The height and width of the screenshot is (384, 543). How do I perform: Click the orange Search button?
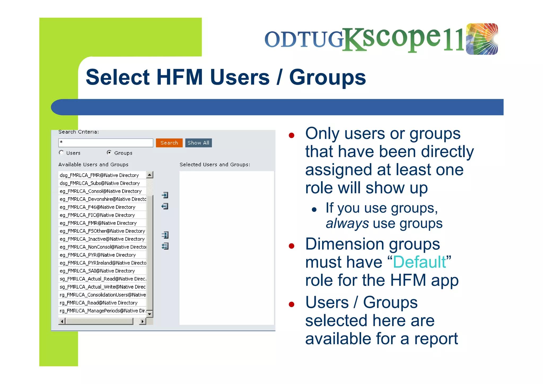coord(169,143)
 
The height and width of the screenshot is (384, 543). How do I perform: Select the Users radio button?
coord(61,153)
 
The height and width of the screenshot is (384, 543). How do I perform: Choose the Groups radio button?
coord(109,153)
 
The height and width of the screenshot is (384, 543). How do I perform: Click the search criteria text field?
coord(106,143)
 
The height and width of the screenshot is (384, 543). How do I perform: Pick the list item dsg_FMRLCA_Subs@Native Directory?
coord(100,183)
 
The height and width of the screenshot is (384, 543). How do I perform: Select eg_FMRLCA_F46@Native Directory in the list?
coord(98,207)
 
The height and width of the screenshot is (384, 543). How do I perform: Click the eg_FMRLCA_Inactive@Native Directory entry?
coord(102,239)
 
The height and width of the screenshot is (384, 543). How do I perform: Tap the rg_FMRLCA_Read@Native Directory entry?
coord(99,303)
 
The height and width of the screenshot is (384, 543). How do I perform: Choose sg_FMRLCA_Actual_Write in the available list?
coord(103,287)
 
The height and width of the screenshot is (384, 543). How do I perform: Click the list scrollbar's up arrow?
coord(150,175)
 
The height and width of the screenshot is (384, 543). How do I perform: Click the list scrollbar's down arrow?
coord(150,314)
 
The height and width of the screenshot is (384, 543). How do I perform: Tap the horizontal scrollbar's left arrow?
coord(62,321)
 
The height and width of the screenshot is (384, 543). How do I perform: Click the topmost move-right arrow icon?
coord(165,195)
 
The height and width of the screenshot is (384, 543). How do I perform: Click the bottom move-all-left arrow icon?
coord(165,246)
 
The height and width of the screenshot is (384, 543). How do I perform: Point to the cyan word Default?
coord(419,262)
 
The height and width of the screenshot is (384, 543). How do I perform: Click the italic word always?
coord(347,223)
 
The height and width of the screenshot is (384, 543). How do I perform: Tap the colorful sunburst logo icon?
coord(482,39)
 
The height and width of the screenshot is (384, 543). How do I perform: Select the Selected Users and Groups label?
coord(215,165)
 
